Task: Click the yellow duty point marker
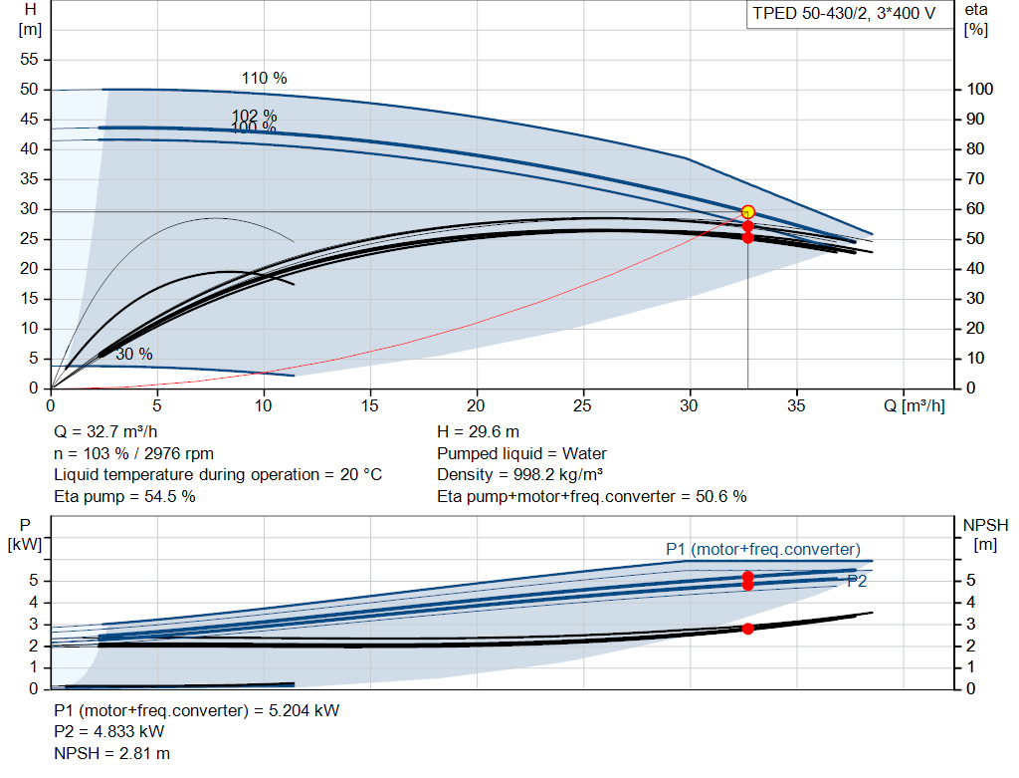pos(748,212)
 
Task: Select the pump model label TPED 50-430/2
pos(810,14)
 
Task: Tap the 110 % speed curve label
pos(264,78)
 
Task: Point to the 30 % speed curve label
pos(134,354)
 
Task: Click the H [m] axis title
pos(30,20)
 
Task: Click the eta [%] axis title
pos(976,20)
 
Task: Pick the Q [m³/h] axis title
pos(914,405)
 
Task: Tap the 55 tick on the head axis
pos(29,59)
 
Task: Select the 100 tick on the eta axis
pos(979,89)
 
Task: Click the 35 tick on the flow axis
pos(796,405)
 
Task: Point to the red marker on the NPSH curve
pos(748,629)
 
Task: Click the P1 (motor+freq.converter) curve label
pos(763,549)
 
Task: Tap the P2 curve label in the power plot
pos(857,581)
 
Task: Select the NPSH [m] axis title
pos(985,534)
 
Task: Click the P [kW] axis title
pos(25,534)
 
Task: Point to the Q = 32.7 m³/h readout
pos(105,432)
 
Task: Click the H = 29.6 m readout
pos(478,432)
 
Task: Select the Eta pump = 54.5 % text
pos(124,496)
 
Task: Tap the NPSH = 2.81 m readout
pos(111,753)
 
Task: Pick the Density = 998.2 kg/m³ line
pos(519,474)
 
